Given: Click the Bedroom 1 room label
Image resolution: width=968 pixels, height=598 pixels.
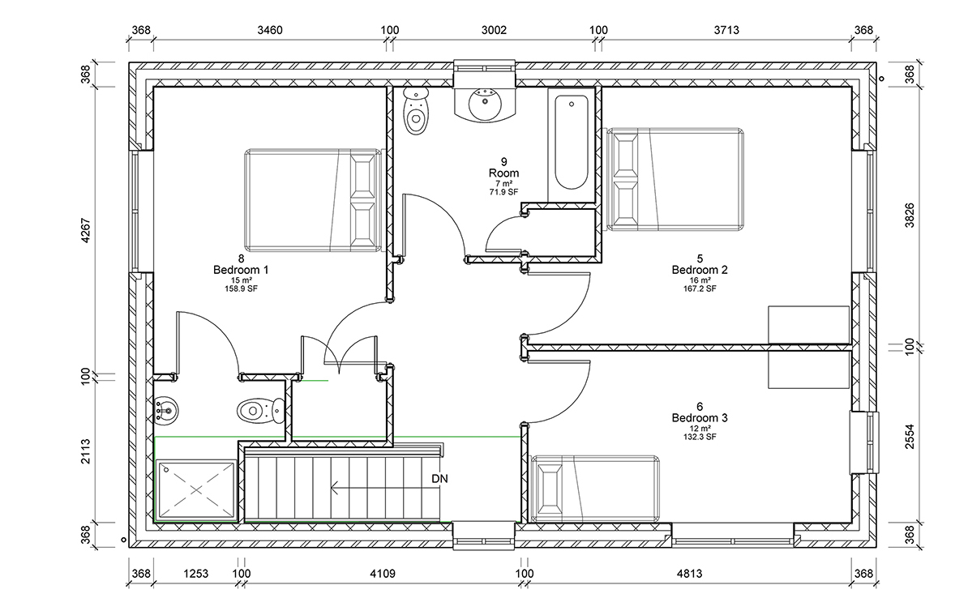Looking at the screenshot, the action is pos(241,270).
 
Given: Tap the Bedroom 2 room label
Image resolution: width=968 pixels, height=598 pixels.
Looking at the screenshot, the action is pos(700,270).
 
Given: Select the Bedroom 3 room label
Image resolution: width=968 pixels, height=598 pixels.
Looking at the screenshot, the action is pos(700,418).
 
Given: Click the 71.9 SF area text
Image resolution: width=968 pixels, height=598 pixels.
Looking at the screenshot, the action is pos(503,193).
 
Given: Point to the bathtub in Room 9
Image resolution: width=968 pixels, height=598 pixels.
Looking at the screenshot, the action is pos(571,142).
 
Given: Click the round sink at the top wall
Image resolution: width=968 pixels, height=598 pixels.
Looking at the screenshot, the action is pos(485,104).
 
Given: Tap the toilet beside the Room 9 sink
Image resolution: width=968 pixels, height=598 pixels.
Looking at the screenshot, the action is pos(415,111).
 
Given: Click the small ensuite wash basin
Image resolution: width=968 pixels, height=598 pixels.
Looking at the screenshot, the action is pos(165,410).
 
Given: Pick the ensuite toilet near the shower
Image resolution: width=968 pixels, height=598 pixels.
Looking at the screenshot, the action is pos(260,410).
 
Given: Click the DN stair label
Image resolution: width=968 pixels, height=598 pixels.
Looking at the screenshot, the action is pos(439,479).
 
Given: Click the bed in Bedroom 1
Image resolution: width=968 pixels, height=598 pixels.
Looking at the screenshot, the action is pos(314,201).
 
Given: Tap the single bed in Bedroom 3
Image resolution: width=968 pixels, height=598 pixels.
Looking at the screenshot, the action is pos(594,489).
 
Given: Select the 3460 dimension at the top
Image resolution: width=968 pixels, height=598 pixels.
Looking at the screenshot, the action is pos(270,30).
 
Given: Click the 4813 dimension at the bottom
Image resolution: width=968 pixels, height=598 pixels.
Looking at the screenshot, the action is pos(689,574).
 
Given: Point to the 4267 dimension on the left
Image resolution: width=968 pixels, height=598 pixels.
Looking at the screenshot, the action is pos(86,230).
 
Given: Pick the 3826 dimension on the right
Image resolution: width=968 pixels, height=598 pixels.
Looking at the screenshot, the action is pos(910,216).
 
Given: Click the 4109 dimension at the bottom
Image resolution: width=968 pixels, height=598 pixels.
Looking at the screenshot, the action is pos(383,574).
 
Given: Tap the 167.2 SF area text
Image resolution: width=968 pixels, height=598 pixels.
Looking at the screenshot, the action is pos(700,288).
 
